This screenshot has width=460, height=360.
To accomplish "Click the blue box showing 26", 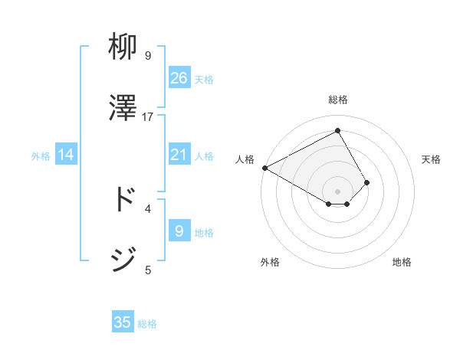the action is point(179,78).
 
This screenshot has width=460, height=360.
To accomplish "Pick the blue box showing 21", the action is point(179,155).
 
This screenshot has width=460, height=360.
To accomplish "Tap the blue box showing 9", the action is point(179,231).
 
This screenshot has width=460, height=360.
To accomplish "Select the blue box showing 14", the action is point(66,155).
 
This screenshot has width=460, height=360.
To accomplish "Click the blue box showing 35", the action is point(123,322).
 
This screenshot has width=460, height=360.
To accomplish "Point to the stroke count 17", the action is point(148,116).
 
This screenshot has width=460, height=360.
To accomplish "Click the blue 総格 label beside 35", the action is point(147,323).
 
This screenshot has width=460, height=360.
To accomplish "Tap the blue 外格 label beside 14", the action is point(41,156).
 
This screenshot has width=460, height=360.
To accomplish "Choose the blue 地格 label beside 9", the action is point(204,232).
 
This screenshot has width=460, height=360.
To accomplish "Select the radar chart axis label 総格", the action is point(338,100).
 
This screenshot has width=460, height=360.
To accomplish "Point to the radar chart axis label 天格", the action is point(431,159).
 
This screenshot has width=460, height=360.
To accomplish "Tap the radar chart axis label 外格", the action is point(270,262).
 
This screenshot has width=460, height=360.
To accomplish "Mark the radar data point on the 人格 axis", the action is point(264,168).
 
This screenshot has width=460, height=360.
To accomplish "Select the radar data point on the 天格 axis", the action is point(368,182).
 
